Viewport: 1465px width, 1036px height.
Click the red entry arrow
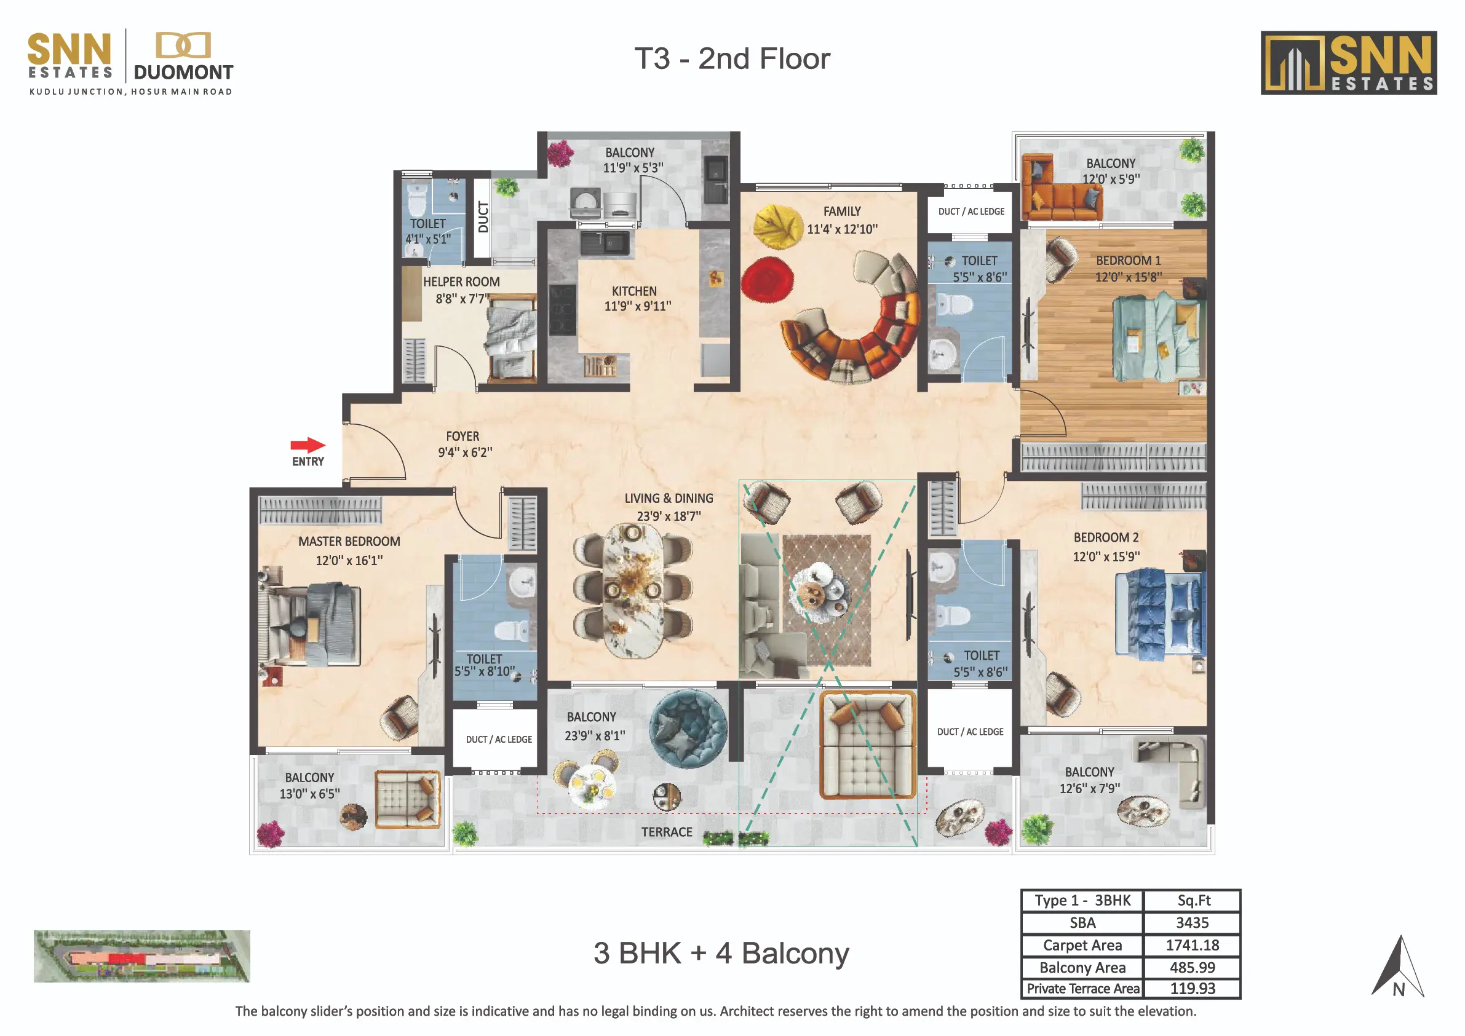(308, 445)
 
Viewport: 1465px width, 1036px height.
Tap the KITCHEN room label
(634, 291)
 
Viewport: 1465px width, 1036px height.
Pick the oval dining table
(632, 591)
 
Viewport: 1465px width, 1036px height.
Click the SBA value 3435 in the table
(1192, 922)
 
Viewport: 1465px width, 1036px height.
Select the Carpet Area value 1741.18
(1192, 945)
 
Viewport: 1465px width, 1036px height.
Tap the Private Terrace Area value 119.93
(1192, 988)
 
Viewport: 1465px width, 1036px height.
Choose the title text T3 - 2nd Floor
(732, 58)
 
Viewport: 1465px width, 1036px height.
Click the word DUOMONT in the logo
(184, 73)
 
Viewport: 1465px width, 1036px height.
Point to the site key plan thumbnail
(141, 955)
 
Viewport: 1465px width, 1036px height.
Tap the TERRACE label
(667, 832)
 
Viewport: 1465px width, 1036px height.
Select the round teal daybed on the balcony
(688, 727)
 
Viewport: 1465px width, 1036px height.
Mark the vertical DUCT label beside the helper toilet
(483, 217)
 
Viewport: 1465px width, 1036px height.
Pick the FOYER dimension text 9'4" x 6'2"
(465, 453)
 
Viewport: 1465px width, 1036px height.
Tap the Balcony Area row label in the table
(1082, 967)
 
